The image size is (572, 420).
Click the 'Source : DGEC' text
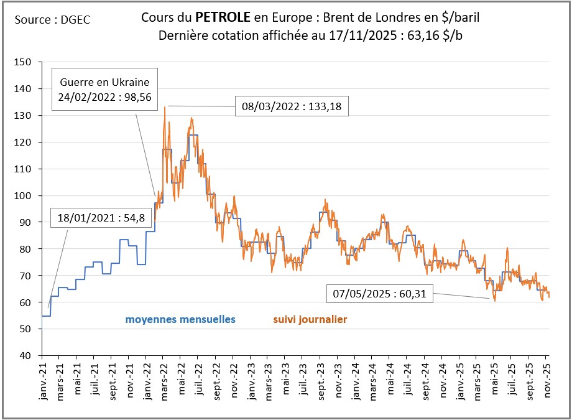(52, 20)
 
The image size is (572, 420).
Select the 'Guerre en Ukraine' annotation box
(104, 89)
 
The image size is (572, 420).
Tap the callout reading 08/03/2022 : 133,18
(292, 106)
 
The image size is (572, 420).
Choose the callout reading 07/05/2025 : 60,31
(379, 294)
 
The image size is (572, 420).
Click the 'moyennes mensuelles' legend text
(180, 319)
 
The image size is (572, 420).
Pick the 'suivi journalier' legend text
(310, 319)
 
